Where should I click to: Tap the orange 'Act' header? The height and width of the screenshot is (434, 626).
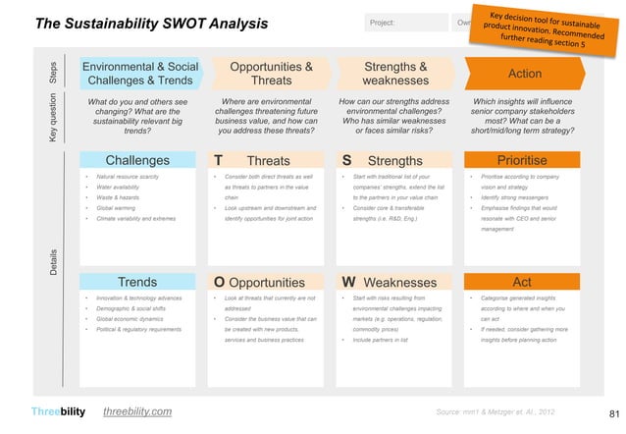pyautogui.click(x=522, y=284)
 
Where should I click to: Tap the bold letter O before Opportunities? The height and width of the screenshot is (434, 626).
pyautogui.click(x=220, y=284)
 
